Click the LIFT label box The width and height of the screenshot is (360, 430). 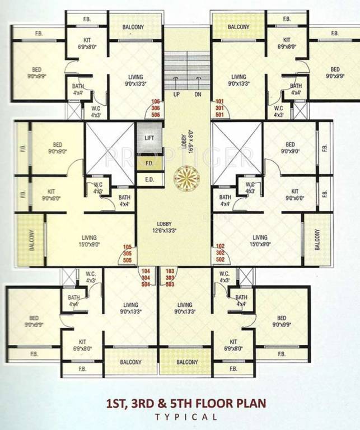click(x=149, y=137)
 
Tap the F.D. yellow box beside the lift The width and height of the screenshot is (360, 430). click(x=149, y=164)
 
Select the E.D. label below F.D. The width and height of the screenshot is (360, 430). click(x=149, y=180)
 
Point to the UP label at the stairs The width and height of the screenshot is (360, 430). click(x=176, y=94)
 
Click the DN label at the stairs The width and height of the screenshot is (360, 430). click(x=198, y=94)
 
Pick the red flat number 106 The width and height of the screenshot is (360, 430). click(x=156, y=102)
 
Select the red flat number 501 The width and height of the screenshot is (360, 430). click(x=219, y=115)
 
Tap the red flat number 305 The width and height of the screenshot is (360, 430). click(x=128, y=253)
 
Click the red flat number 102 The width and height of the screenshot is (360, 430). click(x=220, y=246)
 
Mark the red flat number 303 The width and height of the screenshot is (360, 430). click(x=170, y=277)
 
